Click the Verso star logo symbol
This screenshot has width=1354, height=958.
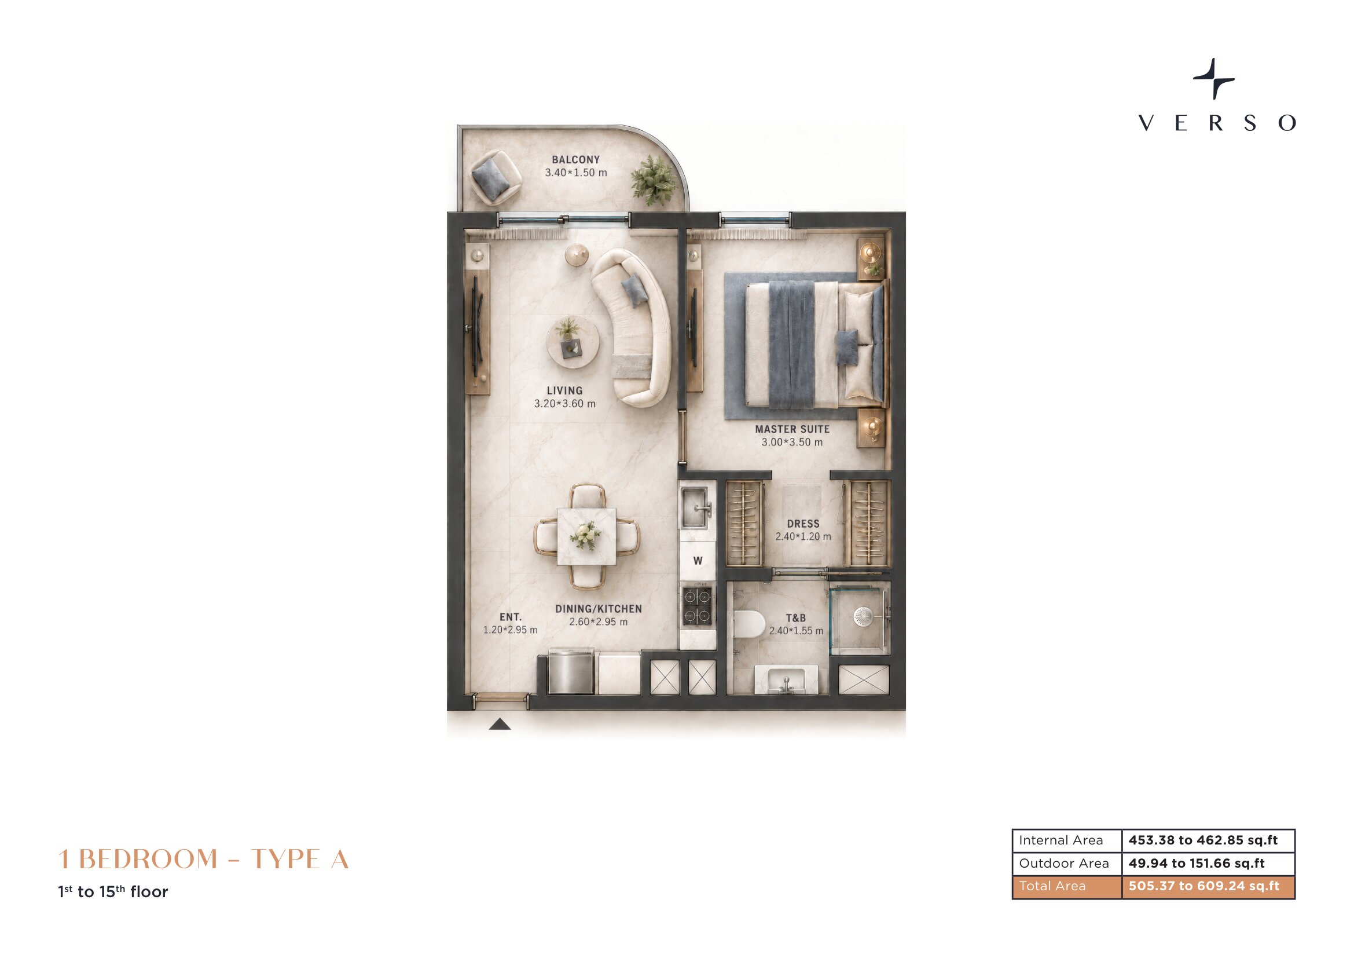[1214, 78]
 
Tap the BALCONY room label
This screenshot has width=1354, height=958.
[575, 160]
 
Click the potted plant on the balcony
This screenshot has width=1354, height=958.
[653, 179]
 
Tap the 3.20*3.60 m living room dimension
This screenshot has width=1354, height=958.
[564, 404]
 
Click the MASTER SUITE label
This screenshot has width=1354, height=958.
[792, 429]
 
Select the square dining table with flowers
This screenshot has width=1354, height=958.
[586, 536]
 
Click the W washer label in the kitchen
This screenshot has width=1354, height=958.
[698, 561]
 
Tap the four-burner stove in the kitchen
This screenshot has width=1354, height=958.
[697, 606]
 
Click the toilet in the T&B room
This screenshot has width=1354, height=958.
[749, 624]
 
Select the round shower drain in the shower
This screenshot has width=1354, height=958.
[863, 617]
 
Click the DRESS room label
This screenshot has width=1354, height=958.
[803, 524]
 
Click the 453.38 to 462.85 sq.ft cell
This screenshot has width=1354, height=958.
[1203, 840]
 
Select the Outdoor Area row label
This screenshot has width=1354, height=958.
[1064, 863]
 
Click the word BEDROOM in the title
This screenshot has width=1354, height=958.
[148, 859]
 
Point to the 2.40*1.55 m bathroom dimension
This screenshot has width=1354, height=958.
[795, 631]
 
